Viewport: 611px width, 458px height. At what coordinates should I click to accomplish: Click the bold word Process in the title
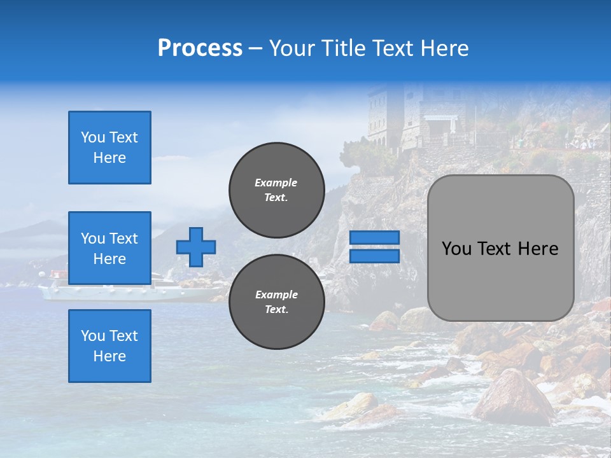pos(200,48)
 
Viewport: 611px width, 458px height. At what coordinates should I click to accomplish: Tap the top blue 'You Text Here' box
pos(109,148)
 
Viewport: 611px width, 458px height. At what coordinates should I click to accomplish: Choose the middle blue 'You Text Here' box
pos(109,248)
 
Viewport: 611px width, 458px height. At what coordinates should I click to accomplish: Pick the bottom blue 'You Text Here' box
pos(109,346)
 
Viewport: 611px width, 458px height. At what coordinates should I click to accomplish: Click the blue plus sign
pos(196,247)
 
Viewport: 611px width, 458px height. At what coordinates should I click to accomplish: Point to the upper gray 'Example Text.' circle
pos(276,190)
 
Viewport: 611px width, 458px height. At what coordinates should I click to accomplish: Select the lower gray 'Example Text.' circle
pos(276,302)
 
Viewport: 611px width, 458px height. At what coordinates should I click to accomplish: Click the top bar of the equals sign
pos(374,238)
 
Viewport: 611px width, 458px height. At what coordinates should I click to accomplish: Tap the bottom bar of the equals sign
pos(374,256)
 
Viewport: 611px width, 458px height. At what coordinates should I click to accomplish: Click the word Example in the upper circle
pos(276,183)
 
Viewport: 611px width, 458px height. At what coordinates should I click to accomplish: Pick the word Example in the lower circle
pos(276,295)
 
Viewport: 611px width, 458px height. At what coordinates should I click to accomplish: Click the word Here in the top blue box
pos(109,158)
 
